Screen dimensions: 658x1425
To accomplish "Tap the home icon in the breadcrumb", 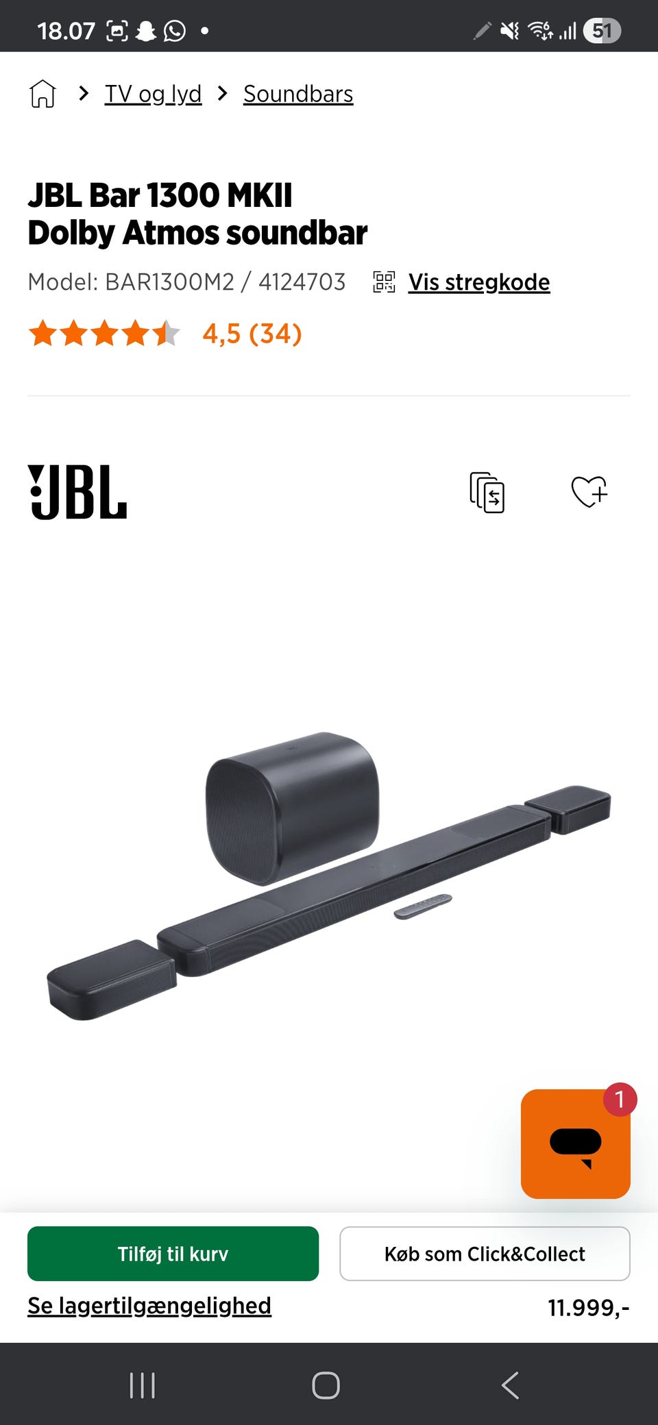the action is pyautogui.click(x=42, y=93).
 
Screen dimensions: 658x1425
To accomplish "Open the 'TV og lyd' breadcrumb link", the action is pyautogui.click(x=153, y=94).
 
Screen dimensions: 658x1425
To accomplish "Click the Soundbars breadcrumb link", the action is pyautogui.click(x=298, y=94).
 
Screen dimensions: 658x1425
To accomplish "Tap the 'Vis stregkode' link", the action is pyautogui.click(x=479, y=282).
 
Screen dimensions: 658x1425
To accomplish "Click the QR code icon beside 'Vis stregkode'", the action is pyautogui.click(x=384, y=282).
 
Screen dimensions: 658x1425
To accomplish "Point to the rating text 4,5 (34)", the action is pyautogui.click(x=252, y=334).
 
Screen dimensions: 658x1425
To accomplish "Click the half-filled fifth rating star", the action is pyautogui.click(x=167, y=333).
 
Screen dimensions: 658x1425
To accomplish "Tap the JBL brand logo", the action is pyautogui.click(x=77, y=492).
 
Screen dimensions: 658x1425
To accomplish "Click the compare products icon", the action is pyautogui.click(x=487, y=492).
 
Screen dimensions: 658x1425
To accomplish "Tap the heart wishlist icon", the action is pyautogui.click(x=589, y=491).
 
